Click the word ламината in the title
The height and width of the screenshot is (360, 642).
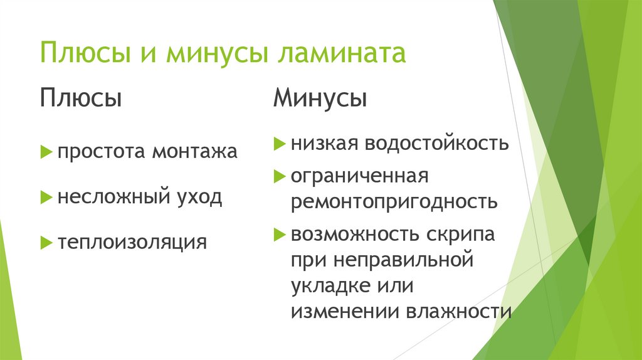click(x=340, y=53)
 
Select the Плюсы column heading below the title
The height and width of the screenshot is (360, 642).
click(x=81, y=98)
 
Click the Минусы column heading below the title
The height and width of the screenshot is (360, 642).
click(x=320, y=98)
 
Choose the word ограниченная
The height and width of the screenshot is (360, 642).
click(x=359, y=176)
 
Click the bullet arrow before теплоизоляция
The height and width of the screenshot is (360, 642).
click(x=46, y=241)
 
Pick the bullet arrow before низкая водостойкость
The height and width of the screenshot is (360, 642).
click(x=278, y=144)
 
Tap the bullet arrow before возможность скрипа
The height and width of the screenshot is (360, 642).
click(x=278, y=235)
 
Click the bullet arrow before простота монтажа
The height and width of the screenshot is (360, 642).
click(x=46, y=151)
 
